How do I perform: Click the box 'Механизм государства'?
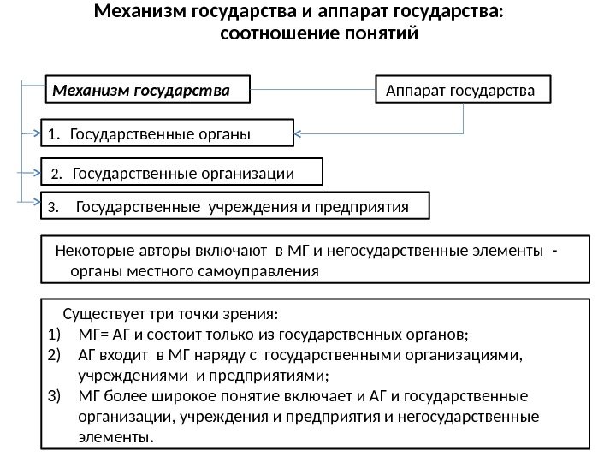tap(146, 87)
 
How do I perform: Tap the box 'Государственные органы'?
tap(168, 133)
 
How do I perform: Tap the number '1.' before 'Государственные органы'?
tap(55, 133)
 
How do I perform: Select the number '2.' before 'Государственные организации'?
tap(57, 175)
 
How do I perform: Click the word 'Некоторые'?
tap(92, 250)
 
